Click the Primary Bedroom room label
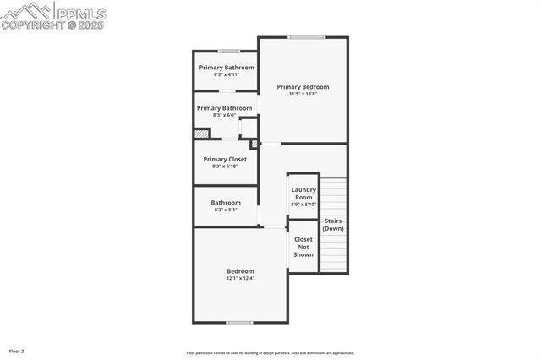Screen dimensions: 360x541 click(303, 86)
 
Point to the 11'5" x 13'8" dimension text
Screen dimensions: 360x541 click(303, 94)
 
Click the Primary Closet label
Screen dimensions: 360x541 click(225, 159)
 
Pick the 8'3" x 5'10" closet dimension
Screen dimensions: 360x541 click(225, 166)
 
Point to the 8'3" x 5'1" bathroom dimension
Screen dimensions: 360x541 click(226, 210)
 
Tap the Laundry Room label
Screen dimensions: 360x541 click(303, 194)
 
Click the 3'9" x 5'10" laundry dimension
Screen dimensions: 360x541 click(303, 205)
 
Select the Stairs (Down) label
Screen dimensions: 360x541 click(333, 225)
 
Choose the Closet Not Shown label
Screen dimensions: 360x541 click(303, 247)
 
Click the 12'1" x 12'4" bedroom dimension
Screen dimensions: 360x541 click(240, 278)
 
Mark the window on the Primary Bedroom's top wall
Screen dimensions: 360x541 click(305, 37)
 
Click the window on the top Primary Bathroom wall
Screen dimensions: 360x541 click(228, 52)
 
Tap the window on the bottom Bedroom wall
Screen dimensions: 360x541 click(239, 322)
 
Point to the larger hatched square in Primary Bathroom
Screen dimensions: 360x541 click(201, 134)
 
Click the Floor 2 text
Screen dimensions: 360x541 click(17, 351)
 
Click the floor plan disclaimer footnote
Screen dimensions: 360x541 click(270, 353)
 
